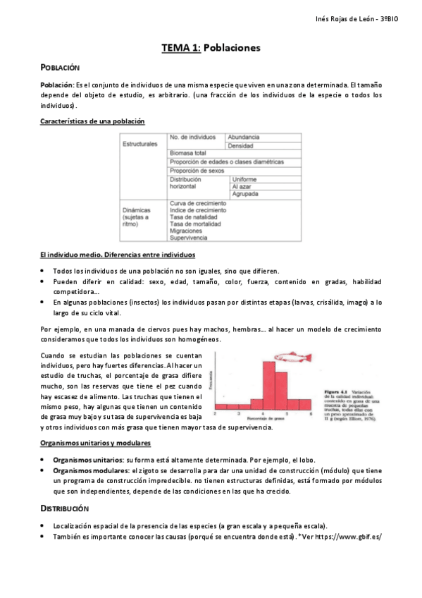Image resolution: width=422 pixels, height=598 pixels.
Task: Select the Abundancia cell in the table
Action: coord(244,136)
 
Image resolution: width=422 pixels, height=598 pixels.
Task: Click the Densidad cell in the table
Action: coord(242,145)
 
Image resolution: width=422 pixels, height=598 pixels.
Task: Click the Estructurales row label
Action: coord(139,144)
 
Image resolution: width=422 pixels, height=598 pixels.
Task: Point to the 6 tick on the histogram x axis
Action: coord(310,414)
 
